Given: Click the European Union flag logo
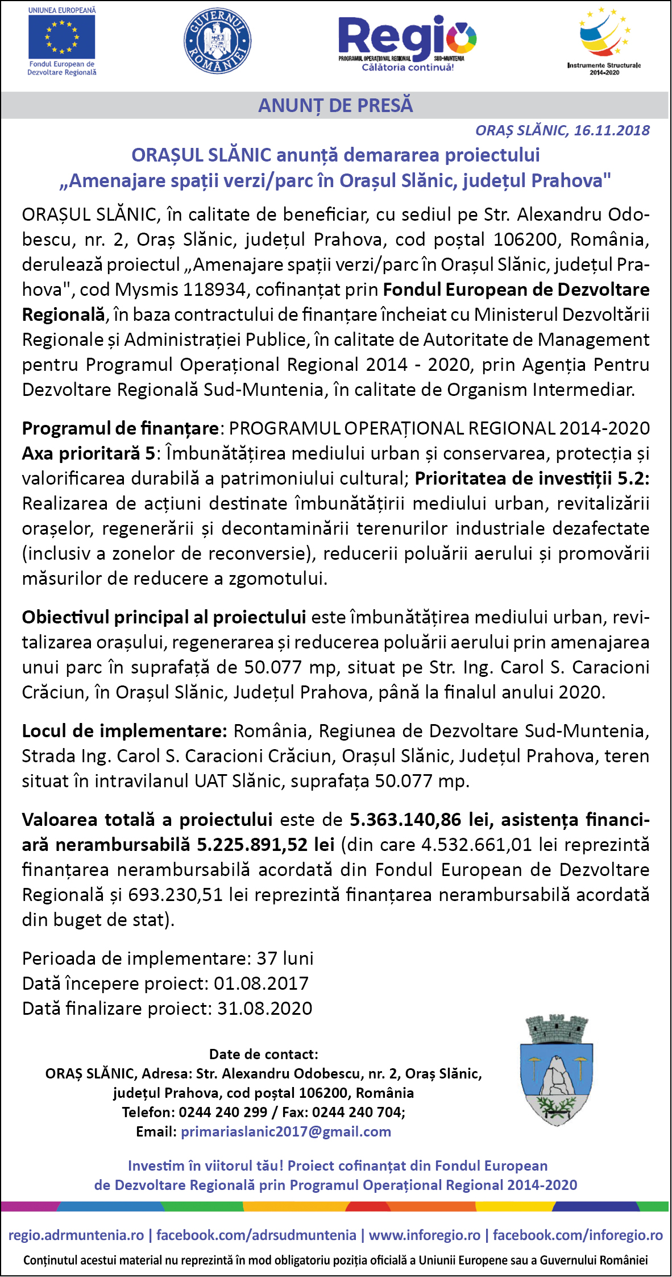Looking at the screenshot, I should (x=62, y=37).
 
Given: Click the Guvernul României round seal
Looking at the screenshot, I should (x=218, y=41).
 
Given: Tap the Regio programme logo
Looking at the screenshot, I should (x=406, y=41).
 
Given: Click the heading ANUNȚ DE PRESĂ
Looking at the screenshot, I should (x=335, y=106).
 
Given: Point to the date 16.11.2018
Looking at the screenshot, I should (x=612, y=131).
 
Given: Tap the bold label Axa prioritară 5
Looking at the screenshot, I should (x=88, y=453).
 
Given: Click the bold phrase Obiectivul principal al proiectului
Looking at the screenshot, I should (x=164, y=617).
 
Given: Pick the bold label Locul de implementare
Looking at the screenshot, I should (x=125, y=731).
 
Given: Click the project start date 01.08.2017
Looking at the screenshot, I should (x=261, y=983).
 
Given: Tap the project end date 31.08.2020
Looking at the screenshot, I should (x=265, y=1009).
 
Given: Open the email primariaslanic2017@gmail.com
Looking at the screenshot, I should (x=286, y=1131).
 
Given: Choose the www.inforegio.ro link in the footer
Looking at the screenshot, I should (x=425, y=1235).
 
